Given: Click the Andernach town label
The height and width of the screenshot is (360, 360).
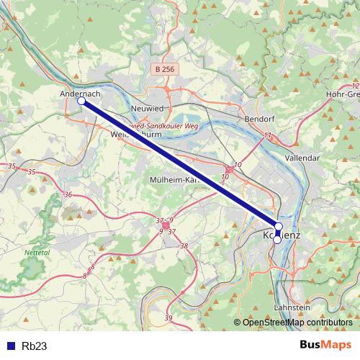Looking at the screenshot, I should pos(79,93).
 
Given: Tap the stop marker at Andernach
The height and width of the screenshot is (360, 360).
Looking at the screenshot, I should pos(81,102).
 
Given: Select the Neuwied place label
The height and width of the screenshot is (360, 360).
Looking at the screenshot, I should pos(149,107).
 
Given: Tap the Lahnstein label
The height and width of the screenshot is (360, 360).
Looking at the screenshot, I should pos(292,307).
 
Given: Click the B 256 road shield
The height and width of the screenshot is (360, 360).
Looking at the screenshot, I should pos(164,69).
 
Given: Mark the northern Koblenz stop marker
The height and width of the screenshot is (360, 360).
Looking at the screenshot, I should pos(279,227).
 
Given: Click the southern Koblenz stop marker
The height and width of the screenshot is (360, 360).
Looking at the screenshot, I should pos(276,240).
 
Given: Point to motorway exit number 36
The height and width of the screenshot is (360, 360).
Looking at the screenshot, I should pos(68,195).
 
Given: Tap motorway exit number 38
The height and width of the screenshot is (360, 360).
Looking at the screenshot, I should pos(184,246).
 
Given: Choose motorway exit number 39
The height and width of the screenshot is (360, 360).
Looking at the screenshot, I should pos(168,318).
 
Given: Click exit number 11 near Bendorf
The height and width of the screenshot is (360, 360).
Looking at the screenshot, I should pos(268,135).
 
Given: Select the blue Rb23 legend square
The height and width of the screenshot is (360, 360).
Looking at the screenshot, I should pos(9,346).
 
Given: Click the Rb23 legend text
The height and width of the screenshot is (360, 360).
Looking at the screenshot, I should pos(35,346).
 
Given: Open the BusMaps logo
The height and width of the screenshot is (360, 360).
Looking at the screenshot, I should pos(325,345).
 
